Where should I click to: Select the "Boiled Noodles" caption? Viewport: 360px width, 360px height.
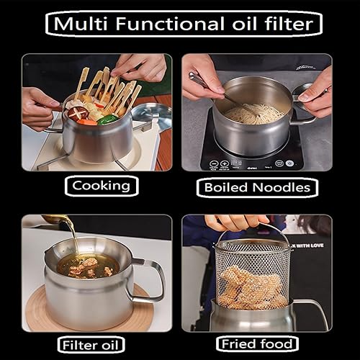[257, 188]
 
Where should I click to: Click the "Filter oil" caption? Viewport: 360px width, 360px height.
[91, 344]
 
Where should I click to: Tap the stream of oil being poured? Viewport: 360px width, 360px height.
[73, 238]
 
